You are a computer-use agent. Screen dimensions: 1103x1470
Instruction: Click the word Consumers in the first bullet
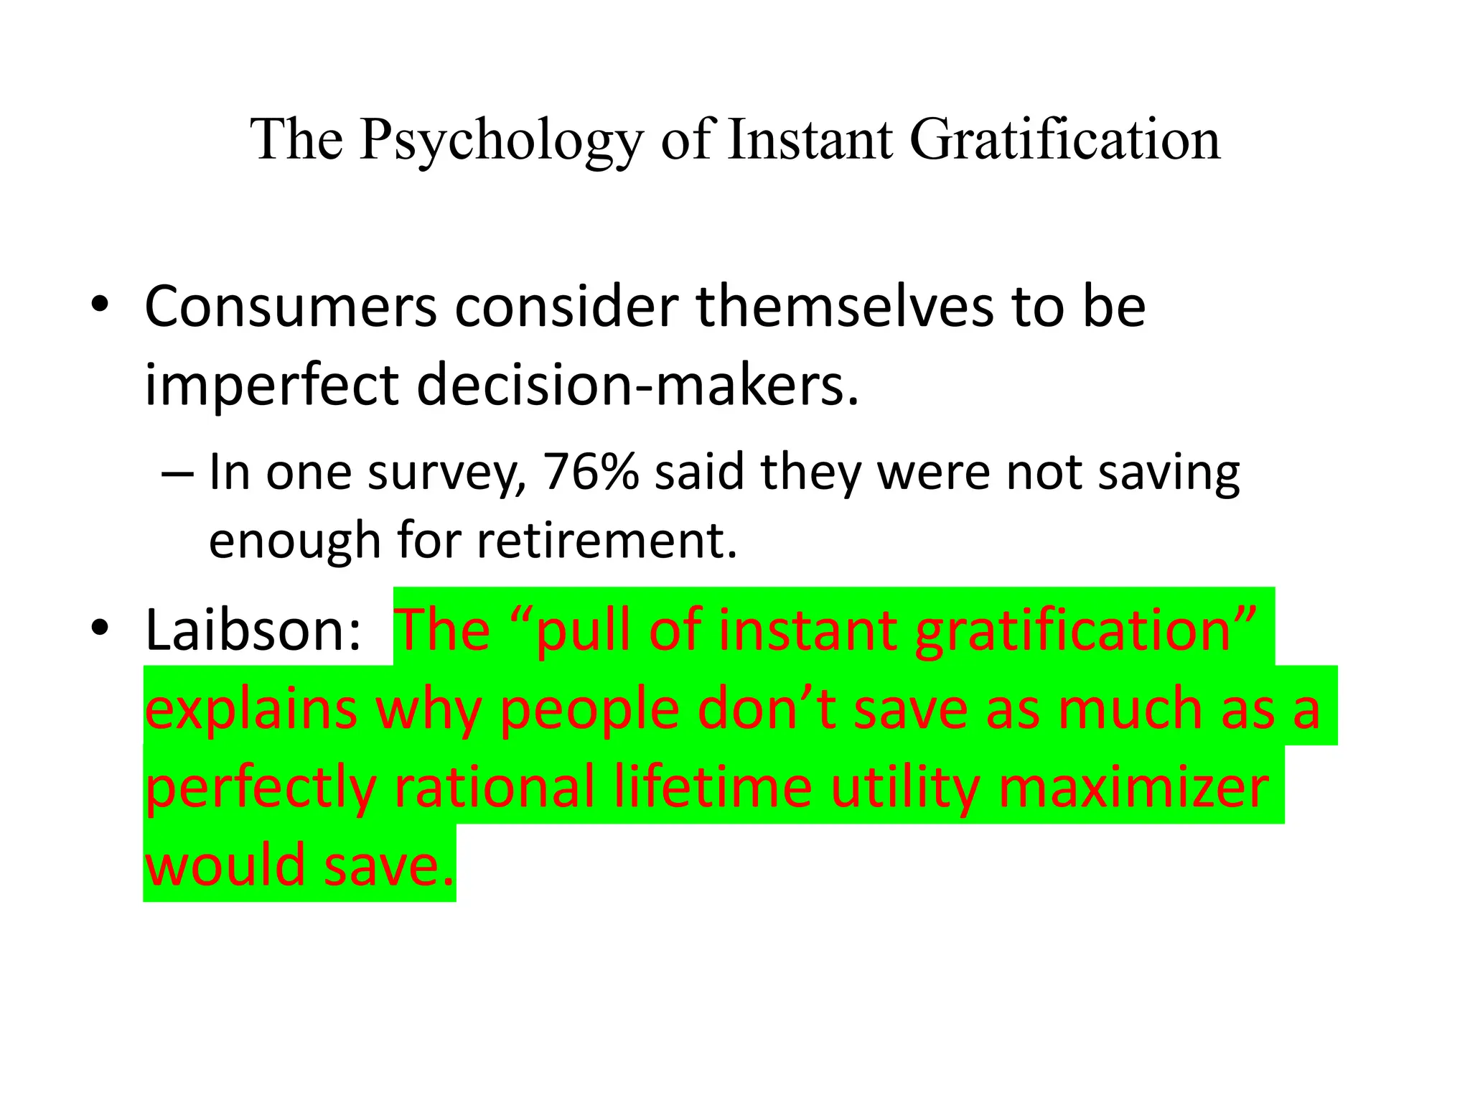pos(290,307)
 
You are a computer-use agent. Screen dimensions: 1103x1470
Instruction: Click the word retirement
pos(607,540)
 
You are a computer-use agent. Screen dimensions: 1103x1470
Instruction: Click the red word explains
pos(251,709)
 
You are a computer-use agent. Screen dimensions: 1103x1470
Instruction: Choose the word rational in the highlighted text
pos(495,787)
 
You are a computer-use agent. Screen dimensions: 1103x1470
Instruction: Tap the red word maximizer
pos(1133,787)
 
